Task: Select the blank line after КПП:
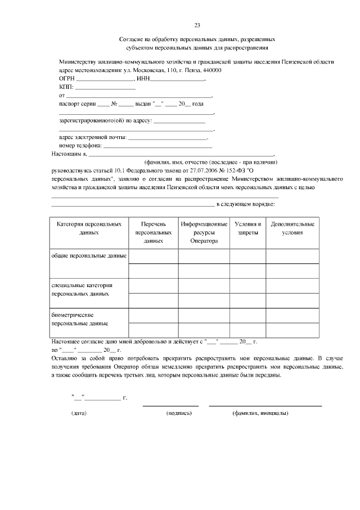tap(105, 89)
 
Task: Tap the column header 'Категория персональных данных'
tap(89, 228)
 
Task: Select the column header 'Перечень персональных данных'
tap(153, 232)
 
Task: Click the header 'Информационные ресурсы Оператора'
tap(204, 232)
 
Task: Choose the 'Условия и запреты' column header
tap(247, 228)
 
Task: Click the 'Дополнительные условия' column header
tap(292, 228)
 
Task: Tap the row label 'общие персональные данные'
tap(89, 256)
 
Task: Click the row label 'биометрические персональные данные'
tap(79, 319)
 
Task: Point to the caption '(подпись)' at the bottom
tap(179, 414)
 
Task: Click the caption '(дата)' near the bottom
tap(79, 414)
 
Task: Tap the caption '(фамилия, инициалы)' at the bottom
tap(260, 414)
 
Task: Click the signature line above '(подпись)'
tap(170, 405)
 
